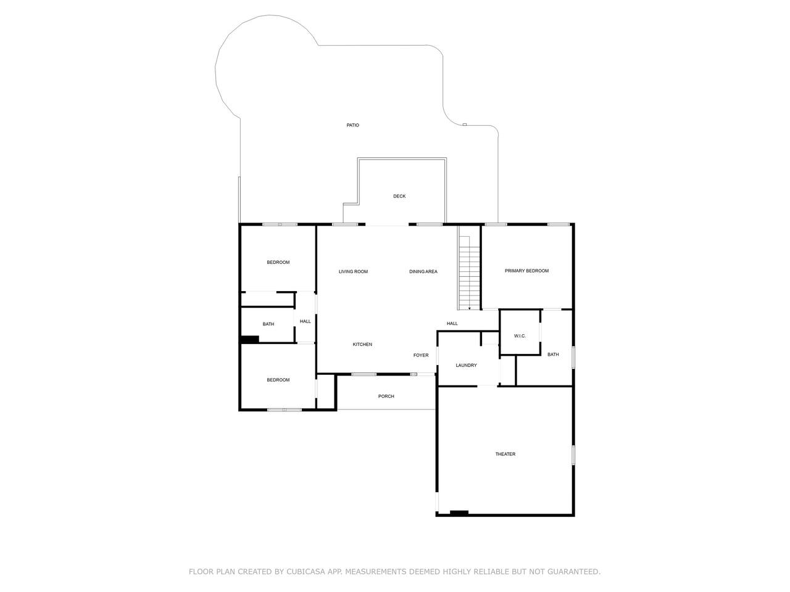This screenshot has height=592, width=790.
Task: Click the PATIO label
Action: pos(352,125)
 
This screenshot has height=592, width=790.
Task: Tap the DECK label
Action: pos(399,196)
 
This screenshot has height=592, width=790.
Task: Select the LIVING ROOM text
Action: pos(353,272)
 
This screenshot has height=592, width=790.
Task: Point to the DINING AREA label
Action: pos(423,272)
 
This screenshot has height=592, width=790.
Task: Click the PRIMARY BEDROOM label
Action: pos(526,271)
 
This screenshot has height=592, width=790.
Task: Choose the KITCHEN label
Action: pos(362,344)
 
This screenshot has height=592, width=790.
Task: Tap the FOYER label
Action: pos(421,355)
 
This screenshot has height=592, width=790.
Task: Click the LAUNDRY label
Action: pos(466,365)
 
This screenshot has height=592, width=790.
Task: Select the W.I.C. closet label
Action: pos(520,336)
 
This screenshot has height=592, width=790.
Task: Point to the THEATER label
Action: pos(505,454)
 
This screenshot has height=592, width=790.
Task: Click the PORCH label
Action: pos(386,396)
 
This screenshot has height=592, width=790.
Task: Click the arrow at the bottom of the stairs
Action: pos(469,308)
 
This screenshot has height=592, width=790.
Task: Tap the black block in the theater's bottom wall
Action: pos(459,513)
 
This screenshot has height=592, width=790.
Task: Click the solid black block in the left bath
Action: pos(250,339)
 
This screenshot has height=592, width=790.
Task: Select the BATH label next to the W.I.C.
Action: pos(553,355)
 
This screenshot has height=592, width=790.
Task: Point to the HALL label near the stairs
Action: pos(452,324)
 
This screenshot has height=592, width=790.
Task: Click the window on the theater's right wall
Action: pos(573,455)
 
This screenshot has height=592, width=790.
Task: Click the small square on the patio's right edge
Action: pos(465,125)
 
